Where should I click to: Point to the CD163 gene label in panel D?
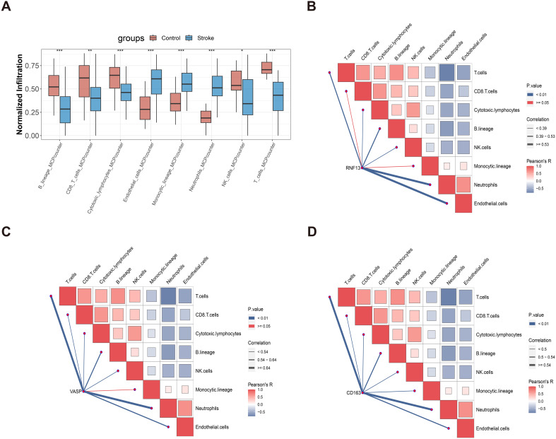pos(353,391)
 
